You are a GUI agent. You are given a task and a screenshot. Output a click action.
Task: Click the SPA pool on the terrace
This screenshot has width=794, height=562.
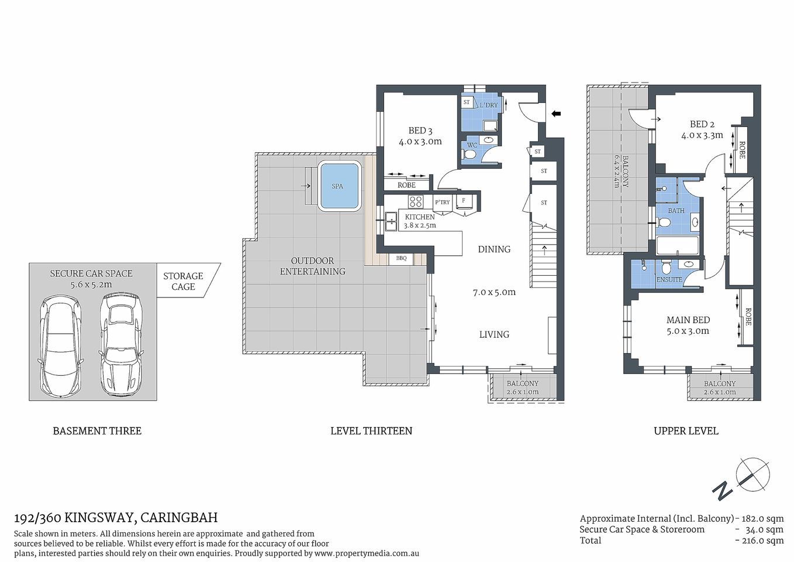[338, 187]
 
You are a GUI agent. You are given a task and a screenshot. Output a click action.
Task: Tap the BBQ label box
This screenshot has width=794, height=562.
[401, 258]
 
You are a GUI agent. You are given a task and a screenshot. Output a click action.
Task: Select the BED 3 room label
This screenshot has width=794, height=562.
[420, 136]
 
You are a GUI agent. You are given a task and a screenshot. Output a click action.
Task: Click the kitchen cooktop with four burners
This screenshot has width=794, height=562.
[416, 202]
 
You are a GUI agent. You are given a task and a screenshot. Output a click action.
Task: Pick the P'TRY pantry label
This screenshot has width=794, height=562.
[442, 203]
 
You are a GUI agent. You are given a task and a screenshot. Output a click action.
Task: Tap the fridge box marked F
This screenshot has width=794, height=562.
[464, 201]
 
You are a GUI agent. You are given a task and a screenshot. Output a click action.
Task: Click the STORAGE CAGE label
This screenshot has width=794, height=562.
[183, 281]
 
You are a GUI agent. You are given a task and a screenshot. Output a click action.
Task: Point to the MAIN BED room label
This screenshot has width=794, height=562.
[688, 325]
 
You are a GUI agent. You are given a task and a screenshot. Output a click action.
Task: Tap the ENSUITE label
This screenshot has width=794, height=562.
[669, 280]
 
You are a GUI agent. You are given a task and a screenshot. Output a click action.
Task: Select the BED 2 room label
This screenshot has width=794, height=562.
[702, 129]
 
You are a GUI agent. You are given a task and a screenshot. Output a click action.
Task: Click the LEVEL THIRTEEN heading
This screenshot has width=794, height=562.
[371, 431]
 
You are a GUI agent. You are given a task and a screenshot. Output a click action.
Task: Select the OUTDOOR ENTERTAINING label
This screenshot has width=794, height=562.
[312, 266]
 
